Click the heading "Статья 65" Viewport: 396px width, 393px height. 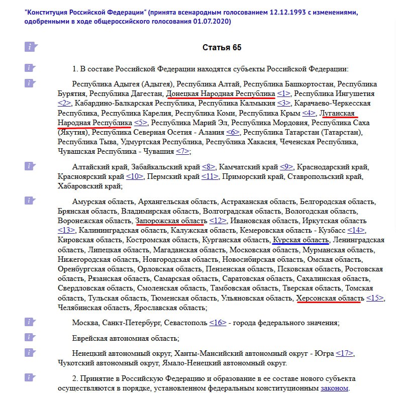pyautogui.click(x=222, y=48)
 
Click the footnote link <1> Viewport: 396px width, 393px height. pyautogui.click(x=283, y=94)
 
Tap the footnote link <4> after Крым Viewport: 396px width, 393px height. pyautogui.click(x=309, y=113)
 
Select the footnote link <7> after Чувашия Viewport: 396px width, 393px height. pyautogui.click(x=182, y=151)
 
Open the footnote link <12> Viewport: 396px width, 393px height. pyautogui.click(x=218, y=221)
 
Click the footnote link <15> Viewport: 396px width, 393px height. pyautogui.click(x=374, y=298)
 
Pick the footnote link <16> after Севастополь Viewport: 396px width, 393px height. pyautogui.click(x=218, y=322)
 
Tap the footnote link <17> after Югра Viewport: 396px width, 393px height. pyautogui.click(x=345, y=353)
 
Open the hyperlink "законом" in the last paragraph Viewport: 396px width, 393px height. pyautogui.click(x=334, y=388)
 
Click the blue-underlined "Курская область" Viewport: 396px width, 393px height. pyautogui.click(x=301, y=240)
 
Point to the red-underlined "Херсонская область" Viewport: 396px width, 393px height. pyautogui.click(x=330, y=298)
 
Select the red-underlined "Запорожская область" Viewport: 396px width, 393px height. pyautogui.click(x=171, y=221)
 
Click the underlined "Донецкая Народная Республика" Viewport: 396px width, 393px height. pyautogui.click(x=220, y=94)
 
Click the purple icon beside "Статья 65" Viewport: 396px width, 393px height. pyautogui.click(x=31, y=47)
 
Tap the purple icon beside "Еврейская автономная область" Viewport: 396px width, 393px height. pyautogui.click(x=31, y=338)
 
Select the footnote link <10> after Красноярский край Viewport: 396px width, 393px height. pyautogui.click(x=135, y=176)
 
